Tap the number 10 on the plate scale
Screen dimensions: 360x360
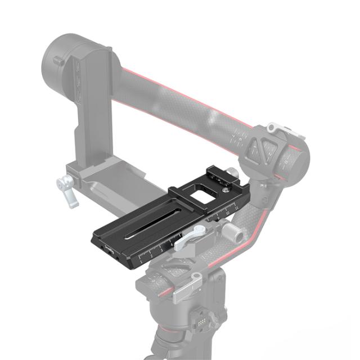pyautogui.click(x=227, y=213)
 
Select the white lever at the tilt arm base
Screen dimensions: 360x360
pyautogui.click(x=67, y=188)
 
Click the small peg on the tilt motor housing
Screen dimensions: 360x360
pyautogui.click(x=58, y=60)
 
